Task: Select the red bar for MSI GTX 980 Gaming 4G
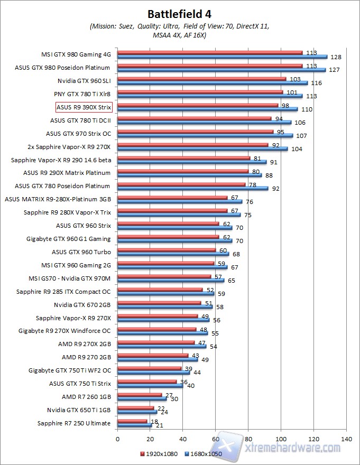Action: pos(210,52)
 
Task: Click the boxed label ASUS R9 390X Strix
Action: pos(84,107)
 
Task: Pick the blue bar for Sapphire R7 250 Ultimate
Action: pos(134,425)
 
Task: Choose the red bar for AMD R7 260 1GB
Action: pos(140,394)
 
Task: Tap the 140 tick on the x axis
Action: pos(347,439)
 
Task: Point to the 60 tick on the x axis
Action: pos(216,439)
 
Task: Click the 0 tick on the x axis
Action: pos(117,439)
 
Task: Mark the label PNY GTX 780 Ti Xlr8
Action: pos(82,94)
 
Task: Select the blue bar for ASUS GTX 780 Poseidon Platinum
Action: pos(193,188)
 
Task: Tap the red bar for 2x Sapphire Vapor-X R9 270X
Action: pos(192,145)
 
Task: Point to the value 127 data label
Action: pos(334,70)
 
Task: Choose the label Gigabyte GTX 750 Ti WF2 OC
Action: pos(70,370)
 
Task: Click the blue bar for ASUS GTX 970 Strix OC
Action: pos(205,135)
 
